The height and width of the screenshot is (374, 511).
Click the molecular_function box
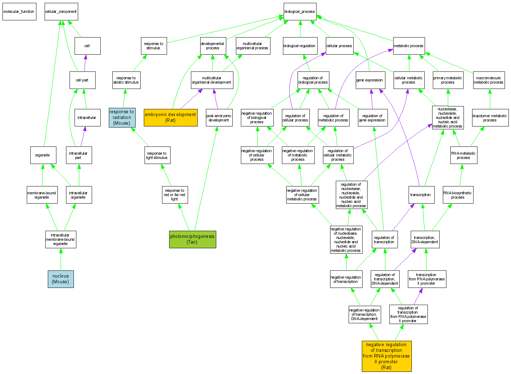pyautogui.click(x=19, y=11)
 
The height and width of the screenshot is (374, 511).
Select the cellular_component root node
pyautogui.click(x=61, y=11)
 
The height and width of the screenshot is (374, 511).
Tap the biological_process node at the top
pyautogui.click(x=300, y=11)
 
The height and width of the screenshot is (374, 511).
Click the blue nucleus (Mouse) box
pyautogui.click(x=61, y=279)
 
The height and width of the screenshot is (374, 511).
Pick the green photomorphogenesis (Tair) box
pyautogui.click(x=193, y=239)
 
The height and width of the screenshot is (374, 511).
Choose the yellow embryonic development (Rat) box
pyautogui.click(x=171, y=118)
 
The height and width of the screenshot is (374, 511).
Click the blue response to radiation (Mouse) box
pyautogui.click(x=122, y=118)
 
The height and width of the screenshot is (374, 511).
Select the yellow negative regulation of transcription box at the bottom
pyautogui.click(x=386, y=356)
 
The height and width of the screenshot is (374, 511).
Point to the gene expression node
pyautogui.click(x=369, y=80)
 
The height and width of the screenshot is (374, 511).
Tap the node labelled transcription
pyautogui.click(x=421, y=195)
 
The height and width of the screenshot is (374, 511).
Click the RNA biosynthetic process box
pyautogui.click(x=458, y=195)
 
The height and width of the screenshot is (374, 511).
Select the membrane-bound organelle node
pyautogui.click(x=42, y=195)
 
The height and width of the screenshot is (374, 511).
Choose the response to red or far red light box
pyautogui.click(x=174, y=195)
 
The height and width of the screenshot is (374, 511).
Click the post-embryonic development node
pyautogui.click(x=219, y=118)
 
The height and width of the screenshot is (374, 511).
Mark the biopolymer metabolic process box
pyautogui.click(x=490, y=118)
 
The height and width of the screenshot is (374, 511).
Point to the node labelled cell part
pyautogui.click(x=82, y=80)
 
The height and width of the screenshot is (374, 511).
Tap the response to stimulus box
pyautogui.click(x=154, y=46)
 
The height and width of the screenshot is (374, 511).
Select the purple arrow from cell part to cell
pyautogui.click(x=85, y=63)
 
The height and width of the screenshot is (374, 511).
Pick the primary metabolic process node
pyautogui.click(x=448, y=80)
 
